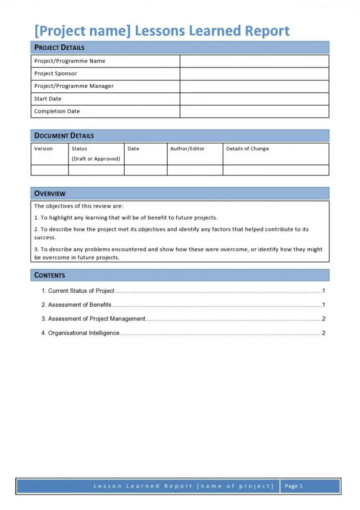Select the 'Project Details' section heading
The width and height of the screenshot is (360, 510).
(x=60, y=47)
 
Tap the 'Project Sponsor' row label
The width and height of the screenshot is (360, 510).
(x=55, y=74)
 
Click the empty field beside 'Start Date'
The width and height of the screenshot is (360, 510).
(x=254, y=99)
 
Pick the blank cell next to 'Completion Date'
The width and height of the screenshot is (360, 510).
(x=254, y=112)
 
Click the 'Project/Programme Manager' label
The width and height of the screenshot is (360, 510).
(x=74, y=86)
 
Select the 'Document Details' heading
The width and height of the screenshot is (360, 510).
(x=64, y=136)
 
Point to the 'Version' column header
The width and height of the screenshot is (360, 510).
(x=44, y=149)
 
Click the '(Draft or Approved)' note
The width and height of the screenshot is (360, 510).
(x=96, y=159)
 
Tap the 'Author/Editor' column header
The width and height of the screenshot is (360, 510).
(x=187, y=149)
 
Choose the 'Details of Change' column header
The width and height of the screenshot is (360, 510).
(x=247, y=149)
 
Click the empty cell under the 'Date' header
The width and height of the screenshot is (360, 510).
(x=145, y=170)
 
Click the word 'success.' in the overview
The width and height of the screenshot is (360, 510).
(x=45, y=237)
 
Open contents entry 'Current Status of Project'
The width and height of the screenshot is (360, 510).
(x=81, y=291)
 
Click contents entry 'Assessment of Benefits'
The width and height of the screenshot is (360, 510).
(x=80, y=305)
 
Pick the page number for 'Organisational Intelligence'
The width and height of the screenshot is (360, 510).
(x=323, y=333)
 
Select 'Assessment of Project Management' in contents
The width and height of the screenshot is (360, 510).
(x=97, y=319)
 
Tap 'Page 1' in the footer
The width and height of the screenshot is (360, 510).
(x=294, y=486)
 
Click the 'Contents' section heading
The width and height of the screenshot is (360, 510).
(x=50, y=275)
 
